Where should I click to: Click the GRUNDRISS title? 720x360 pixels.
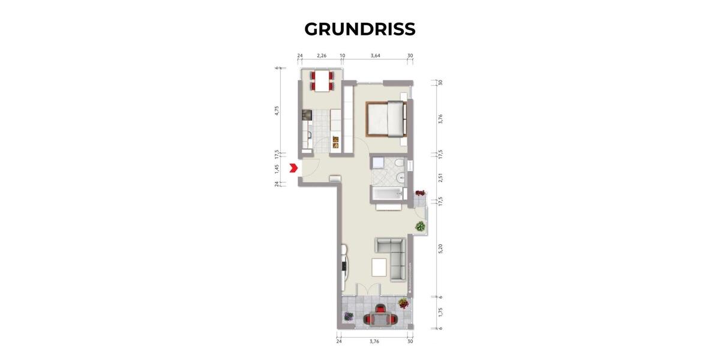click(359, 29)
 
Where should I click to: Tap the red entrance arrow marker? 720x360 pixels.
click(293, 169)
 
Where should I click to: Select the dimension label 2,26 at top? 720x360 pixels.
click(321, 56)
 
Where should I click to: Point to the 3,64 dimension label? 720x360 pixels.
click(376, 56)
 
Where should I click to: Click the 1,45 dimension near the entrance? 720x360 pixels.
click(277, 168)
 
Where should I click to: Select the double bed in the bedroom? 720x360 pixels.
click(386, 119)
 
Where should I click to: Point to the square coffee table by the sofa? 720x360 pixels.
click(379, 266)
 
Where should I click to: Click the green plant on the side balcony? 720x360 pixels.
click(420, 227)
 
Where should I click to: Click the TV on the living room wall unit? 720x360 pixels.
click(344, 265)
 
